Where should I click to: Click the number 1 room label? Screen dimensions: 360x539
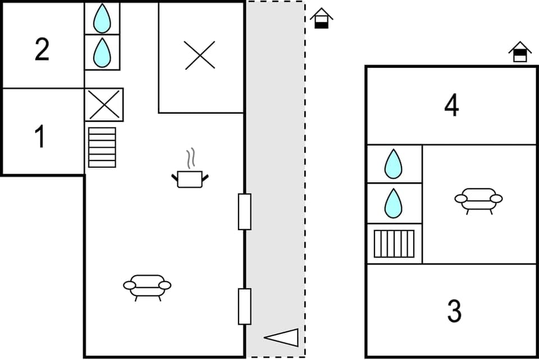pyautogui.click(x=40, y=138)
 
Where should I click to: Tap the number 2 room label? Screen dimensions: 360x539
pyautogui.click(x=42, y=50)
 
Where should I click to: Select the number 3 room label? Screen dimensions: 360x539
pyautogui.click(x=454, y=311)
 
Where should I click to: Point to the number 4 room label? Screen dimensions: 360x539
pyautogui.click(x=452, y=105)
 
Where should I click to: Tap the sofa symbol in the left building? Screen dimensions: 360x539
pyautogui.click(x=147, y=285)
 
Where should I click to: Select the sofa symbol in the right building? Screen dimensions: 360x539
pyautogui.click(x=478, y=198)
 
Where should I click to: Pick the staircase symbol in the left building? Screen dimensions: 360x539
pyautogui.click(x=102, y=147)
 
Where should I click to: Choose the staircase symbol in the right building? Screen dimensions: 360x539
pyautogui.click(x=394, y=243)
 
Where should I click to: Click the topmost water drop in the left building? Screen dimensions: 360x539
pyautogui.click(x=102, y=19)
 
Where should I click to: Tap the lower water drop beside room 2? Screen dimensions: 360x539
pyautogui.click(x=102, y=52)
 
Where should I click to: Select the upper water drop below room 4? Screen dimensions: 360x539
pyautogui.click(x=394, y=164)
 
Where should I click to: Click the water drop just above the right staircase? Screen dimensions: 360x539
pyautogui.click(x=394, y=203)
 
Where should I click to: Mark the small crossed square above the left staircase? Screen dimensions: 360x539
pyautogui.click(x=104, y=104)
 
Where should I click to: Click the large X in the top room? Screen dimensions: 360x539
pyautogui.click(x=200, y=56)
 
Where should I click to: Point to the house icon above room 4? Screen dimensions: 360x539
pyautogui.click(x=520, y=52)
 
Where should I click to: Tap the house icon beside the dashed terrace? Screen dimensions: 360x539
pyautogui.click(x=321, y=19)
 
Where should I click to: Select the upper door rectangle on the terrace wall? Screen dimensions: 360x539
pyautogui.click(x=244, y=212)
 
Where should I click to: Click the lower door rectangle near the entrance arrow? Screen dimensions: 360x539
pyautogui.click(x=244, y=306)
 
